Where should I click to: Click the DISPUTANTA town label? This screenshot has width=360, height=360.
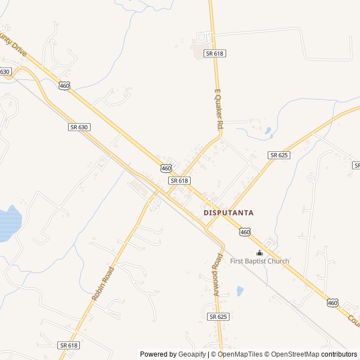pos(228,213)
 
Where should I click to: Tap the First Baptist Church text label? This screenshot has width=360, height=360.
pos(259,261)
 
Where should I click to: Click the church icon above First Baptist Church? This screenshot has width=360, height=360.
pos(259,253)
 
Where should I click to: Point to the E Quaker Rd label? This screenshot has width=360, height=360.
pos(219,110)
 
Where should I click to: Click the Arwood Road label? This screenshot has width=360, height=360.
pos(218,274)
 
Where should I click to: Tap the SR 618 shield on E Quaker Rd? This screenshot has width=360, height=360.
pos(215,53)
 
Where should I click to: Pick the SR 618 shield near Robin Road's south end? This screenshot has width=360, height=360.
pos(68,345)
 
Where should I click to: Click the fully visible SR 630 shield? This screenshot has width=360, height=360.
pos(79,127)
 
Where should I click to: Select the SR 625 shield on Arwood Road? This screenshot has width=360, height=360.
pos(218,317)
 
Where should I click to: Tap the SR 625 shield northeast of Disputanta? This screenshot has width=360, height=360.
pos(279,155)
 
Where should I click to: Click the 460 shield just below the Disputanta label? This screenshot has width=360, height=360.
pos(244,232)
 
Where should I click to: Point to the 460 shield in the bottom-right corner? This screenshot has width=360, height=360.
pos(332,303)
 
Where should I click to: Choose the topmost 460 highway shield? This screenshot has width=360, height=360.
pos(64,85)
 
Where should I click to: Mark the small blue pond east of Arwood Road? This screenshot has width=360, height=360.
pos(240,291)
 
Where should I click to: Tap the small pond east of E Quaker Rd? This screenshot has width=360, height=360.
pos(268,132)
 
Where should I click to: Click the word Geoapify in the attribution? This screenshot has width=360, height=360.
pos(192,354)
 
